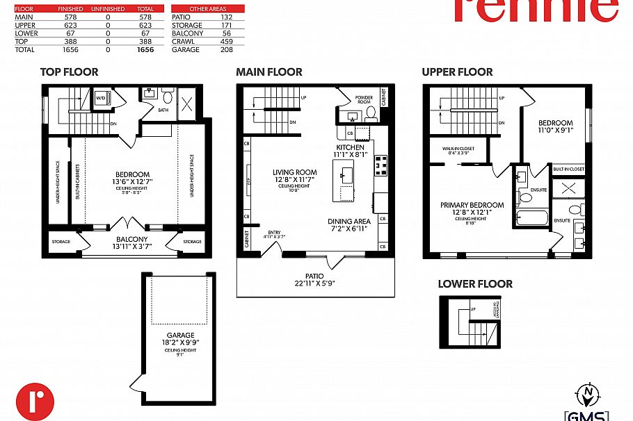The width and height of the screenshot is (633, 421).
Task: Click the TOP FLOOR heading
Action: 69,72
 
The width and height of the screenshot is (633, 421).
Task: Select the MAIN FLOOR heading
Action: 269,72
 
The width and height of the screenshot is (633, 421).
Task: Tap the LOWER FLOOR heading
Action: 475,283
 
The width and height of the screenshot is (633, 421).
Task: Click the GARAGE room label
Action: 180,335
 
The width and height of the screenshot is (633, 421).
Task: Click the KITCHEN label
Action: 350,148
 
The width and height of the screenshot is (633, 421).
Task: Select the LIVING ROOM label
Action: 294,172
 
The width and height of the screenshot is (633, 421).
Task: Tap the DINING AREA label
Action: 347,222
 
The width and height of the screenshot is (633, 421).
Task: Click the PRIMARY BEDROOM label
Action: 472,205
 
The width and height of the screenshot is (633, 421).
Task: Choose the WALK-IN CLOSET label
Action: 458,148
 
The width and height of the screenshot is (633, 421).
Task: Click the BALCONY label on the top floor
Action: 132,239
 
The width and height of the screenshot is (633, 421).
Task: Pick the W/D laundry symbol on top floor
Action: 100,98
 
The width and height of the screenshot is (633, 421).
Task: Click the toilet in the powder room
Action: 371,112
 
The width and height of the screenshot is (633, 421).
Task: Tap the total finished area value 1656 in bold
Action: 145,50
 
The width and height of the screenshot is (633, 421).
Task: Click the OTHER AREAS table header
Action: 208,9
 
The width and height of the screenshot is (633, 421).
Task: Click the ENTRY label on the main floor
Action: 274,233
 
